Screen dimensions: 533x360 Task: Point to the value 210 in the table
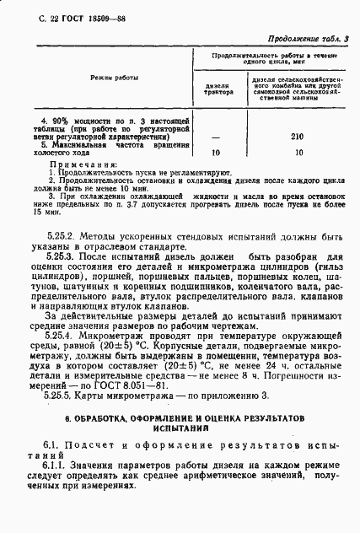click(x=297, y=137)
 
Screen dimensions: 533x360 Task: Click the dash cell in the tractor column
click(x=216, y=137)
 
